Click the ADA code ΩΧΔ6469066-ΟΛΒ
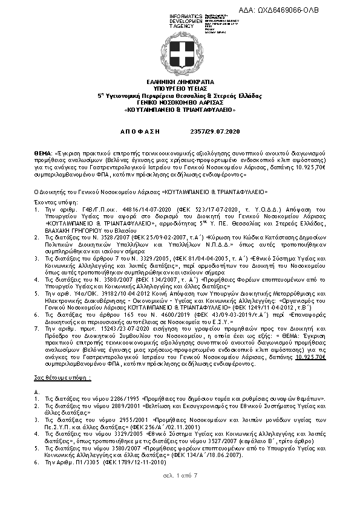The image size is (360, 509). tap(316, 11)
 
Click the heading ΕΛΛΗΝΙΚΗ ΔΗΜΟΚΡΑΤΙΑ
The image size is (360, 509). tap(180, 80)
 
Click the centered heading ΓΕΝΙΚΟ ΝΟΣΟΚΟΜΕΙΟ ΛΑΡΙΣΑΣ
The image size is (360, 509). tap(180, 103)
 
